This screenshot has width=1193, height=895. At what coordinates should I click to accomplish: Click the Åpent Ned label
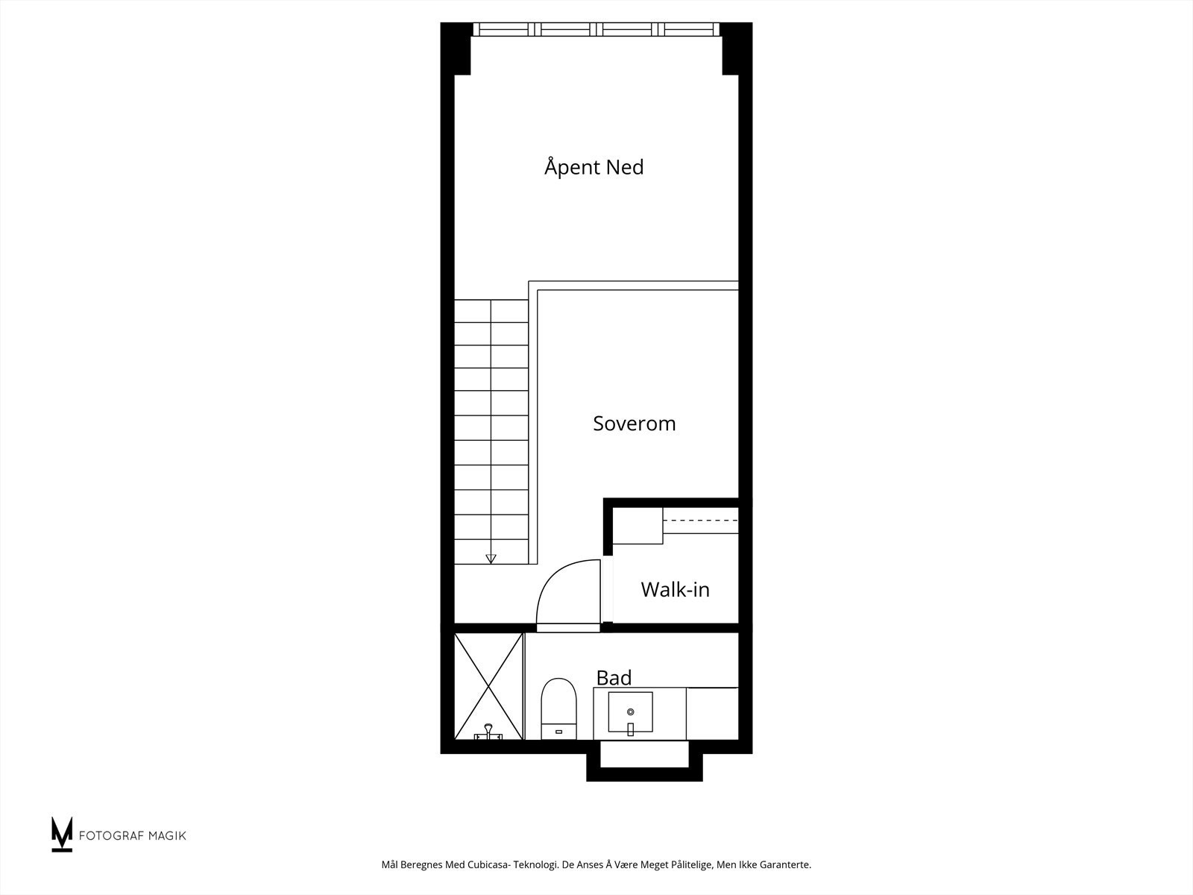(594, 166)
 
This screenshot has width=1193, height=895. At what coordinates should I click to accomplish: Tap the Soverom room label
(634, 424)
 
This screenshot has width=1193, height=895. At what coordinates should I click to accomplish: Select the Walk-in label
(675, 590)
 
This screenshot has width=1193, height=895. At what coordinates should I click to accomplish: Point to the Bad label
(614, 678)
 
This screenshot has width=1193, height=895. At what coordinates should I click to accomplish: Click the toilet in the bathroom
(559, 709)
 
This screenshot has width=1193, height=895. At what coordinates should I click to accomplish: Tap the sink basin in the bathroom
(630, 712)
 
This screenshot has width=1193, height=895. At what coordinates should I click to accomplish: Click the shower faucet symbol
(488, 732)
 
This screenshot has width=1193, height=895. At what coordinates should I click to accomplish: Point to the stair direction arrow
(491, 557)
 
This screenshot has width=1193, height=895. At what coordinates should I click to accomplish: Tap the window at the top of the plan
(596, 29)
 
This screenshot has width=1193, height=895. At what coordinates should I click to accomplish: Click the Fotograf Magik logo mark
(62, 834)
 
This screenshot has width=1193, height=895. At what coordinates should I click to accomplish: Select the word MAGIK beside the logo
(166, 835)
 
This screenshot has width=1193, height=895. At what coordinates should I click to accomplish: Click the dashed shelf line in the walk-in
(700, 520)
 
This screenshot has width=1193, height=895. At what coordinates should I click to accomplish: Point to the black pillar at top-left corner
(456, 49)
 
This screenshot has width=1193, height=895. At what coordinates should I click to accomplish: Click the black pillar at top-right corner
(736, 49)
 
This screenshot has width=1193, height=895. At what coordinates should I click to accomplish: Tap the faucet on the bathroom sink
(630, 729)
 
